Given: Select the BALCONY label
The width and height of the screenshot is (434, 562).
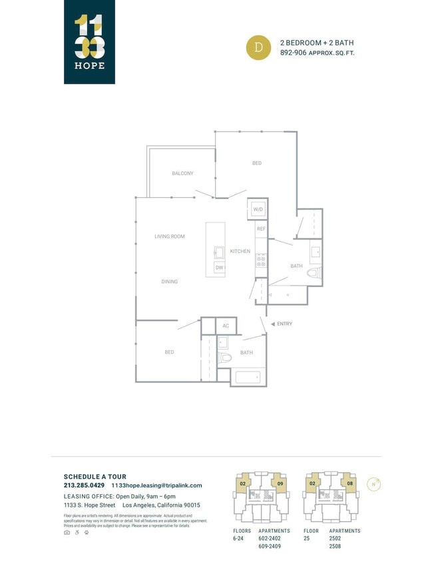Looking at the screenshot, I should [x=182, y=173].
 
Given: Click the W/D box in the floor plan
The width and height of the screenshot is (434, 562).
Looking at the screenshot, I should [x=258, y=209].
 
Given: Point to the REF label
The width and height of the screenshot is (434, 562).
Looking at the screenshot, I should [x=261, y=228].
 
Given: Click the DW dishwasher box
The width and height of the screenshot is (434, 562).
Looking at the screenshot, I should [x=219, y=267].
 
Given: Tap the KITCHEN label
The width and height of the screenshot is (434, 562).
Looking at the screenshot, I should [x=240, y=251].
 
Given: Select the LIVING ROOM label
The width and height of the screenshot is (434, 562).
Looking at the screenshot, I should [x=170, y=236].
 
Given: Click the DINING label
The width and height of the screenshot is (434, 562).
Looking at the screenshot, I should [x=170, y=282].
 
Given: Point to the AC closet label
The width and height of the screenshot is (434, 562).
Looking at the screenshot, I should [x=226, y=326].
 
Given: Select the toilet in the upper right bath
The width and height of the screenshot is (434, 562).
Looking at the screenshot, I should [x=314, y=272].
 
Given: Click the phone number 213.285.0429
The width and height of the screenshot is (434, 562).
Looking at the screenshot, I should [x=84, y=485].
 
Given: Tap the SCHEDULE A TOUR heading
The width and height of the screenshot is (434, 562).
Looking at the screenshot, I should [x=95, y=477].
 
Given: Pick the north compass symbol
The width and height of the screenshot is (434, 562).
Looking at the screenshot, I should [x=375, y=484].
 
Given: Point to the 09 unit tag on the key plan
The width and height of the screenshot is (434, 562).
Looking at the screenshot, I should [x=281, y=483].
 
